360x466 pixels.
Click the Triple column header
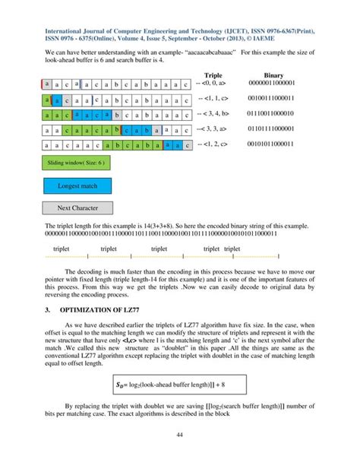[219, 76]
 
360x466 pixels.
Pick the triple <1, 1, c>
[216, 99]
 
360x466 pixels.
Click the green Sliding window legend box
[73, 163]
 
